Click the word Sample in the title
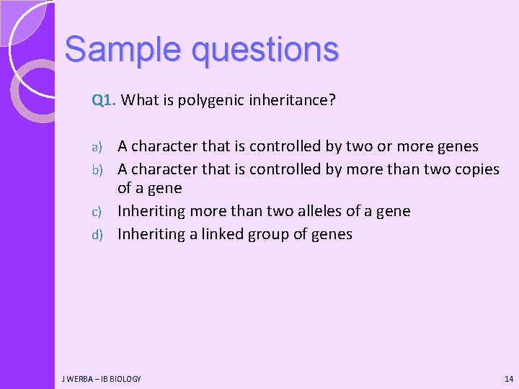coord(110,49)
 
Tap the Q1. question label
coord(105,100)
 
